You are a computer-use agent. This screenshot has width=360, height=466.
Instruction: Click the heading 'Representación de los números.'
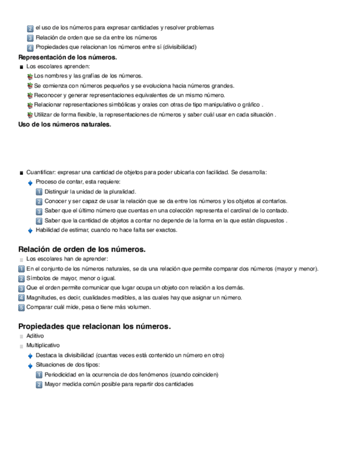[x=67, y=57]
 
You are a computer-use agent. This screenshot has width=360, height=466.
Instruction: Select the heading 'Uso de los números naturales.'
[x=64, y=125]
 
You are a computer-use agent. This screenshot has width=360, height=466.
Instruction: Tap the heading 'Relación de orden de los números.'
[x=81, y=249]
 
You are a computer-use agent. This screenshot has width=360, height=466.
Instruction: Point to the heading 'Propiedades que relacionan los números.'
[x=95, y=326]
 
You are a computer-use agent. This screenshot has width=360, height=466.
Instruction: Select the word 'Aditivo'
[x=35, y=336]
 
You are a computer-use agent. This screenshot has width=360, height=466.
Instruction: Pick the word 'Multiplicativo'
[x=43, y=346]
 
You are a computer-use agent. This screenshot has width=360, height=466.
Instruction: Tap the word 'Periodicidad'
[x=62, y=375]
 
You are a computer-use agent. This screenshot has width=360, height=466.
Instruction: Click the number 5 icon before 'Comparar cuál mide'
[x=21, y=308]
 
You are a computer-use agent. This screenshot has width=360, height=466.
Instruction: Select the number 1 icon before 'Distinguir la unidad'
[x=39, y=192]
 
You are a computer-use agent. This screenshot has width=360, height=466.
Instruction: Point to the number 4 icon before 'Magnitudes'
[x=21, y=298]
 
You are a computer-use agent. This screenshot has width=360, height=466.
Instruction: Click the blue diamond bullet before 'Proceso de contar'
[x=30, y=182]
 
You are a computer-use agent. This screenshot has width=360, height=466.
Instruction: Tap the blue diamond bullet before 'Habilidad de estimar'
[x=30, y=231]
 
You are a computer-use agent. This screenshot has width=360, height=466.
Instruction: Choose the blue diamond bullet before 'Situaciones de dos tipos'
[x=30, y=365]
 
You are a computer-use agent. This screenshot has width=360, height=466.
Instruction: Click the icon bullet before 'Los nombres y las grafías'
[x=30, y=76]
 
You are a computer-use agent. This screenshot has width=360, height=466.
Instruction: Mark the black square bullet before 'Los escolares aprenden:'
[x=21, y=67]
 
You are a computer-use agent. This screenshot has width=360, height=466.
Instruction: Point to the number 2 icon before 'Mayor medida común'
[x=39, y=385]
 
